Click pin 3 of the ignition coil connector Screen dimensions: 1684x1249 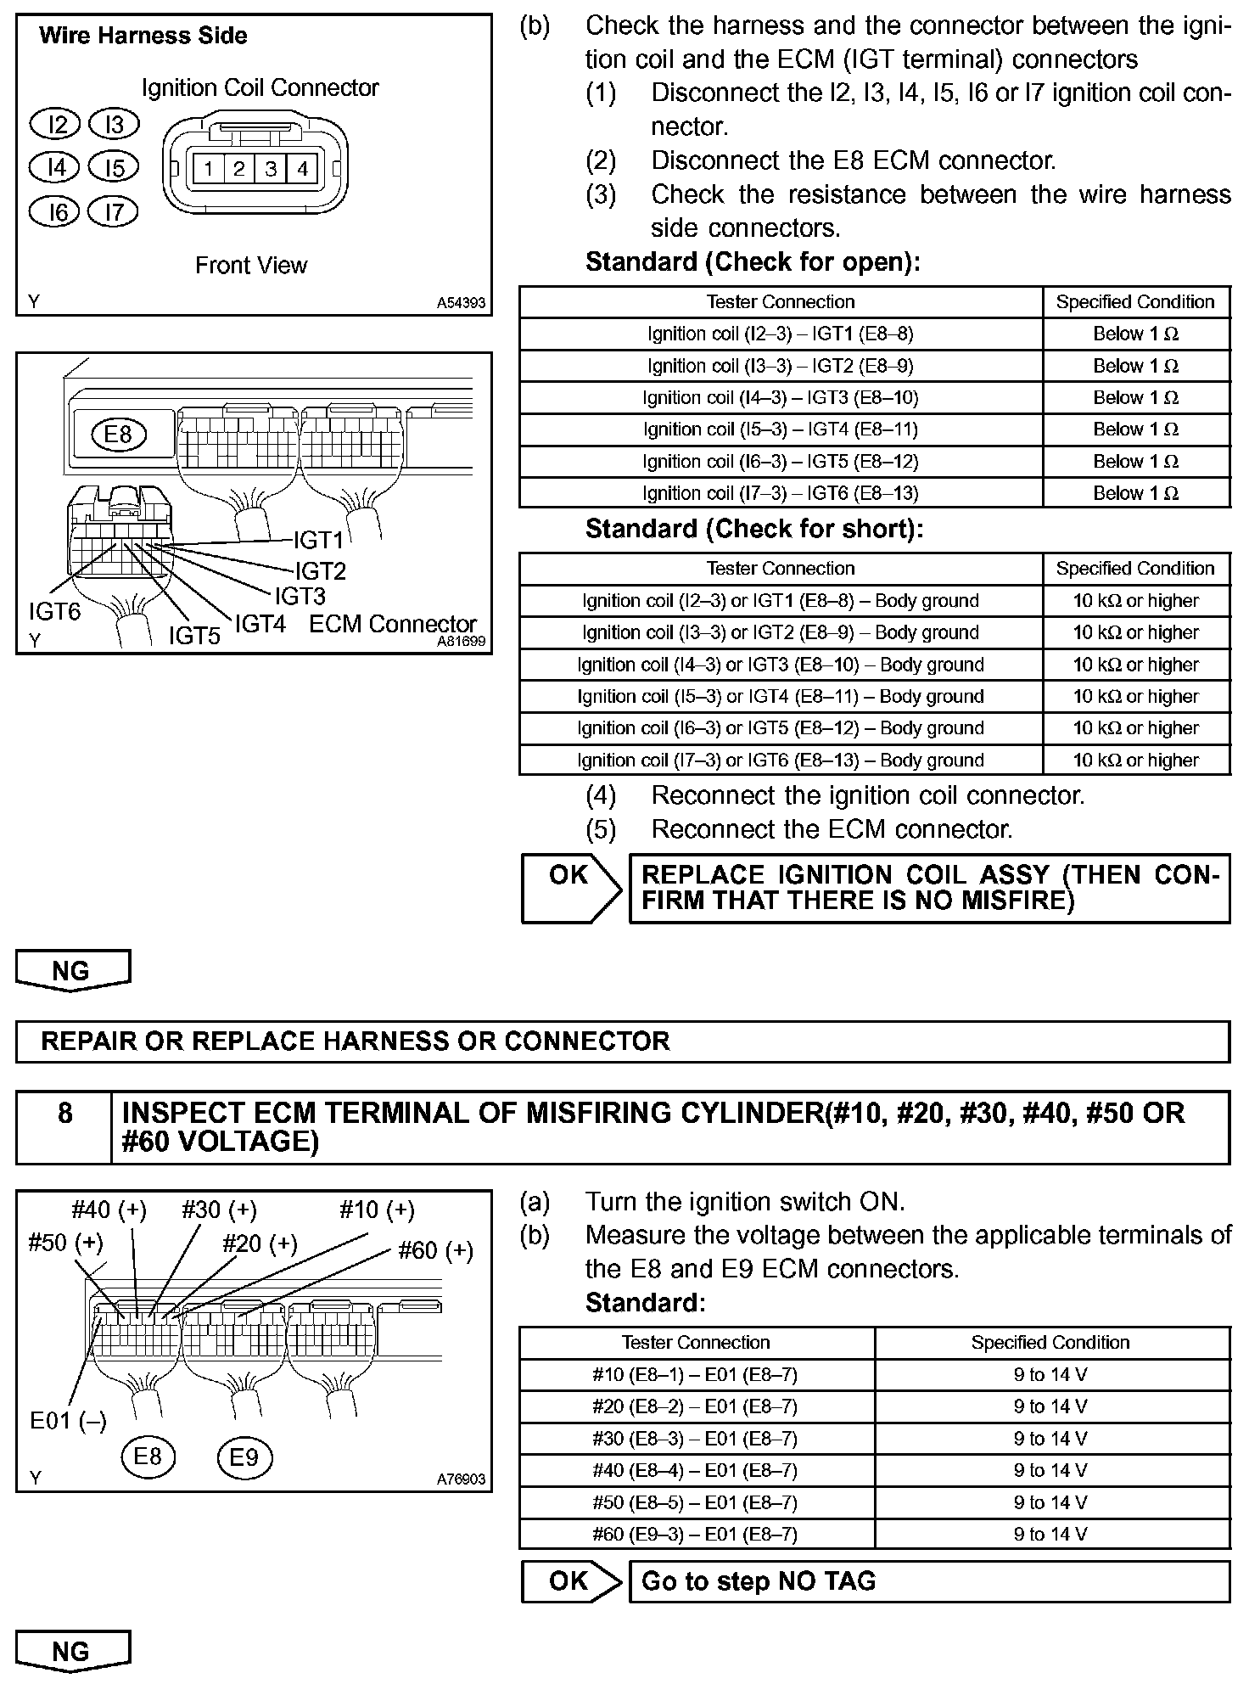(271, 169)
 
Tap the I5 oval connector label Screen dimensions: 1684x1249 (113, 167)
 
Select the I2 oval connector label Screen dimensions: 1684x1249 (54, 125)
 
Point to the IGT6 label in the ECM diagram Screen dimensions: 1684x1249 (54, 611)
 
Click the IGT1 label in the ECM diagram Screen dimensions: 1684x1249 (318, 540)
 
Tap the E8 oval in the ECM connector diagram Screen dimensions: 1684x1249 (118, 435)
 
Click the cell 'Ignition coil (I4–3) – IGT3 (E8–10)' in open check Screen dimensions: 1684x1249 (780, 397)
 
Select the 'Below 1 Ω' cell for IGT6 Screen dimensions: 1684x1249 (1135, 493)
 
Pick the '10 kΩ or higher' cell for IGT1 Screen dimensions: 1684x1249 (1135, 601)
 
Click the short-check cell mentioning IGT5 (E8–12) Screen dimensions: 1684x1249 (780, 728)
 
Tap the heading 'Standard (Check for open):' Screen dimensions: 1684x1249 (753, 262)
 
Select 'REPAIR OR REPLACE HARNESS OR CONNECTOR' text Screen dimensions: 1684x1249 (355, 1041)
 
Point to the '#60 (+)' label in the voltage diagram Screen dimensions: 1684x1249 (435, 1250)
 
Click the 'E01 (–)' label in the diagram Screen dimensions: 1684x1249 (68, 1421)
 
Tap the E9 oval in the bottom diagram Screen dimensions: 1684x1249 (244, 1457)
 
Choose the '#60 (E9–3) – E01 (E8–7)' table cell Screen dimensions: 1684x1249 (695, 1534)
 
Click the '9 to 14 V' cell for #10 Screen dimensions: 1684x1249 (1050, 1374)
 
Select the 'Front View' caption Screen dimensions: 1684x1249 (251, 266)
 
